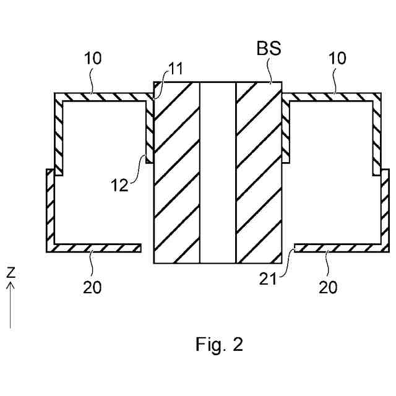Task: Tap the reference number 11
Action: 176,69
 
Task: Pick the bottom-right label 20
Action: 329,287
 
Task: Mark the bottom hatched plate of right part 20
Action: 337,248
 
